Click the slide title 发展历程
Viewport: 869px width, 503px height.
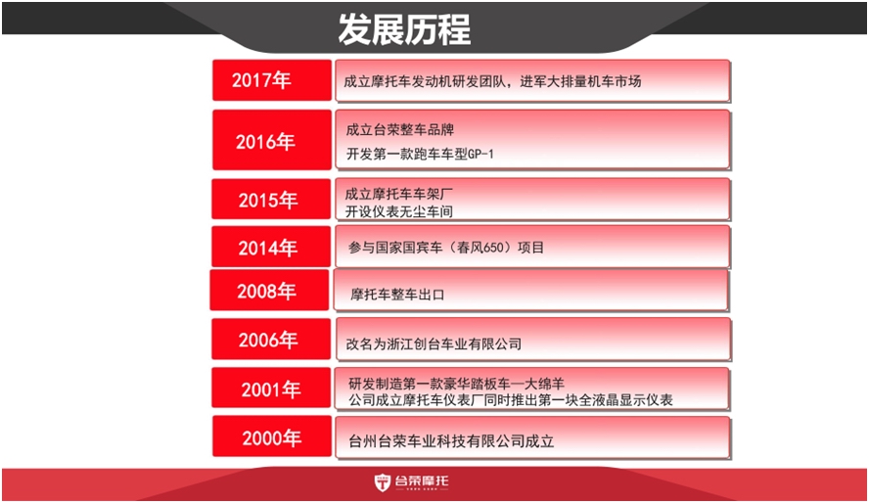click(404, 29)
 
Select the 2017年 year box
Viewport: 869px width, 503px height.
click(272, 80)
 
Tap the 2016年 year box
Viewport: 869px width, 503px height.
click(272, 140)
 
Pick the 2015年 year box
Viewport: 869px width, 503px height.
click(271, 199)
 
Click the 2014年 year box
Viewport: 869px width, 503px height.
click(271, 247)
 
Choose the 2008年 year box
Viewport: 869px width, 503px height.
click(269, 290)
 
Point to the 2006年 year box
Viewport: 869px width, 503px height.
click(271, 339)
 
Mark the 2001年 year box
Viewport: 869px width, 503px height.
click(271, 388)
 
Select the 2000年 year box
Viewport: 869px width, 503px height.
click(272, 436)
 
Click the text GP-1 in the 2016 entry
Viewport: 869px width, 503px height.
click(480, 154)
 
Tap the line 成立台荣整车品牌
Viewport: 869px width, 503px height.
click(400, 130)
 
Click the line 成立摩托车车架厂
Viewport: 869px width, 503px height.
click(399, 195)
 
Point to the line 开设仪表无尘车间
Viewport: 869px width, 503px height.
click(399, 211)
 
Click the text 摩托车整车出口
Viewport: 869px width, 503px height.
click(397, 295)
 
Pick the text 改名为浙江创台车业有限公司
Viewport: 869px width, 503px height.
click(434, 344)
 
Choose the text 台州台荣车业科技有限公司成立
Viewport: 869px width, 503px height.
click(451, 441)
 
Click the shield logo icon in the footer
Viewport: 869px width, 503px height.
click(383, 482)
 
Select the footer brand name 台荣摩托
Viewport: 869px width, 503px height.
click(422, 480)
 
